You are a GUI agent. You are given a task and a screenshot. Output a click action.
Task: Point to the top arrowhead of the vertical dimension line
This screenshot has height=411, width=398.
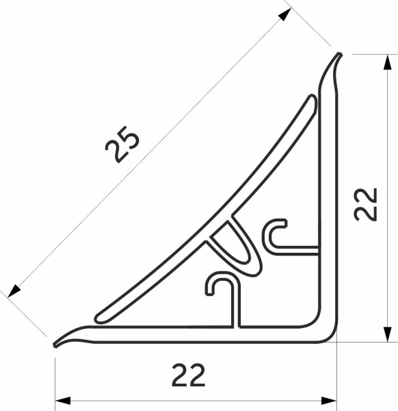click(x=387, y=60)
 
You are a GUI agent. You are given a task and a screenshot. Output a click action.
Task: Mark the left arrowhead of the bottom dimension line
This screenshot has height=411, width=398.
click(x=62, y=400)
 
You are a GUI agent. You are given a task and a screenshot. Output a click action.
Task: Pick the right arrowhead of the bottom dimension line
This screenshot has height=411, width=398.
click(x=331, y=400)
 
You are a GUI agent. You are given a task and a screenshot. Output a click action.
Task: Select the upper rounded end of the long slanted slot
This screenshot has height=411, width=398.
click(x=310, y=103)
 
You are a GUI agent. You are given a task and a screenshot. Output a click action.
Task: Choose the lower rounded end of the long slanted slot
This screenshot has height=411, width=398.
click(x=100, y=316)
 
